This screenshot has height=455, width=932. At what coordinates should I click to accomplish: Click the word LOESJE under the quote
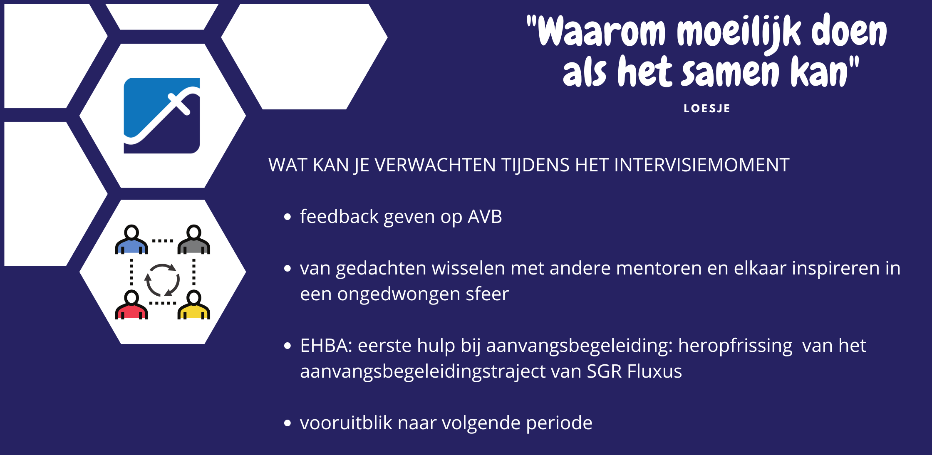tap(706, 109)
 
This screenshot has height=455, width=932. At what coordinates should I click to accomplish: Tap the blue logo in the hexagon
tap(162, 116)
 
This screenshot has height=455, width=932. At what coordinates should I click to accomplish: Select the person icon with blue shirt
tap(131, 240)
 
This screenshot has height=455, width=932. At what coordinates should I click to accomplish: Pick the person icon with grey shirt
tap(194, 240)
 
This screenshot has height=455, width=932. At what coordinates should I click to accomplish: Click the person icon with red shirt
tap(131, 305)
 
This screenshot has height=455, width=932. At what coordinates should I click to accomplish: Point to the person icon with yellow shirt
tap(194, 305)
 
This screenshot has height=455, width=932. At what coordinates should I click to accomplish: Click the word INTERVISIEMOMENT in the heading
tap(701, 165)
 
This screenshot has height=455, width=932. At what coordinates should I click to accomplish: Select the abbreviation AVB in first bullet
tap(485, 217)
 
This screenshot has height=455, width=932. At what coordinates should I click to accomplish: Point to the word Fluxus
tap(654, 371)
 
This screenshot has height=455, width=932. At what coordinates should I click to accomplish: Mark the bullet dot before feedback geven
tap(287, 217)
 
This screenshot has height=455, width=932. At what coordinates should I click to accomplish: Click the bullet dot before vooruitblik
tap(287, 423)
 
